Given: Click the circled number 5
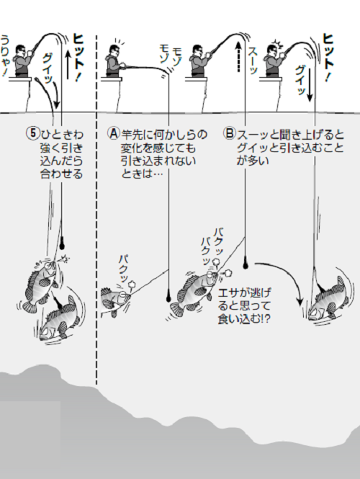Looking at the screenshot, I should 31,133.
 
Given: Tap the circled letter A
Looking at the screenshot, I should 113,133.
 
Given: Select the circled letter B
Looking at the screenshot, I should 230,133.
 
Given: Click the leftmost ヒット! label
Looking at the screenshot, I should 80,41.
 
